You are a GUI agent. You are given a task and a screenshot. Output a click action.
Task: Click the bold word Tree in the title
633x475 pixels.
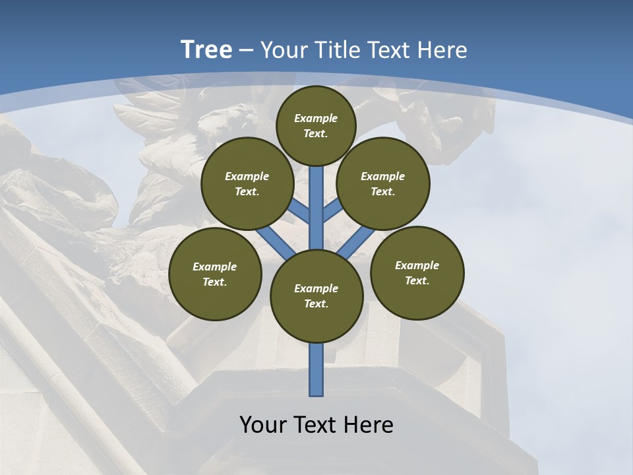click(206, 49)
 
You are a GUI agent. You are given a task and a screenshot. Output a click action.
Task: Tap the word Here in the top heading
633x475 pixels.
click(444, 49)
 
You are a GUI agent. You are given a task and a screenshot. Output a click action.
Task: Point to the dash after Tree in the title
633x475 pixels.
click(246, 50)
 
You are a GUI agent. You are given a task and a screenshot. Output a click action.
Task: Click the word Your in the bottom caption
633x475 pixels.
click(262, 424)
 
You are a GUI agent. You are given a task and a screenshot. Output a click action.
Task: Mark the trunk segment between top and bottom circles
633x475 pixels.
click(316, 208)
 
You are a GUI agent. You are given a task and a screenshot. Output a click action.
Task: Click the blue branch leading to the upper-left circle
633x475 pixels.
click(299, 210)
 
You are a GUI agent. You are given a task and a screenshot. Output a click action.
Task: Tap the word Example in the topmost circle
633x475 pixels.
click(316, 119)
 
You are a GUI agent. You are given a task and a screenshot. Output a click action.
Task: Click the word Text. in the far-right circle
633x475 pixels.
click(417, 280)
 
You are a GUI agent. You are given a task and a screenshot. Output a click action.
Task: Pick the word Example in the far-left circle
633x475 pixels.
click(215, 267)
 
